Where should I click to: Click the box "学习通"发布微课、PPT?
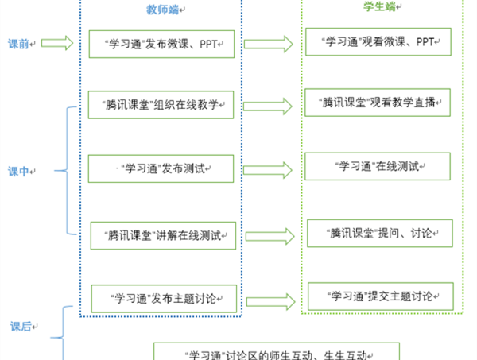161,44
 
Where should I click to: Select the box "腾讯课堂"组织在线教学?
161,103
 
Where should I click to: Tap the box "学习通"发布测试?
161,168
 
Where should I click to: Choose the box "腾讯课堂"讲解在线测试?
163,234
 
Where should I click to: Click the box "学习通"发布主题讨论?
163,299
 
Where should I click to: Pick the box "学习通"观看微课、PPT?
378,41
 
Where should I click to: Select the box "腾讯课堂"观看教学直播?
378,103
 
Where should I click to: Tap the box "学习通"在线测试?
378,168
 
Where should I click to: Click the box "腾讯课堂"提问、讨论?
378,234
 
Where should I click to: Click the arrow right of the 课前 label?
56,43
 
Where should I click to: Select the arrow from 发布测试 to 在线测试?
270,169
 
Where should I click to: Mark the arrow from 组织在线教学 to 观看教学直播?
270,104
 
